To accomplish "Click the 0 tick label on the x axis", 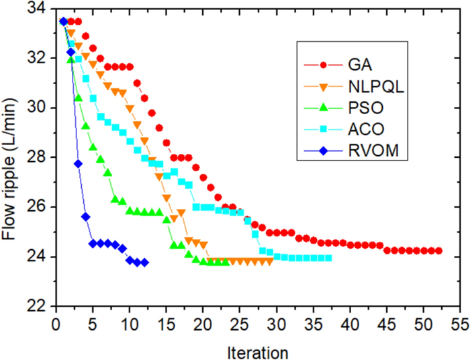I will pyautogui.click(x=56, y=321).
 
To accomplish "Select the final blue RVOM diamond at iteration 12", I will pyautogui.click(x=144, y=263).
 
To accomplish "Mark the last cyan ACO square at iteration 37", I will pyautogui.click(x=328, y=258).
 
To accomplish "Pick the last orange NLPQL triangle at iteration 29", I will pyautogui.click(x=269, y=261).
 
